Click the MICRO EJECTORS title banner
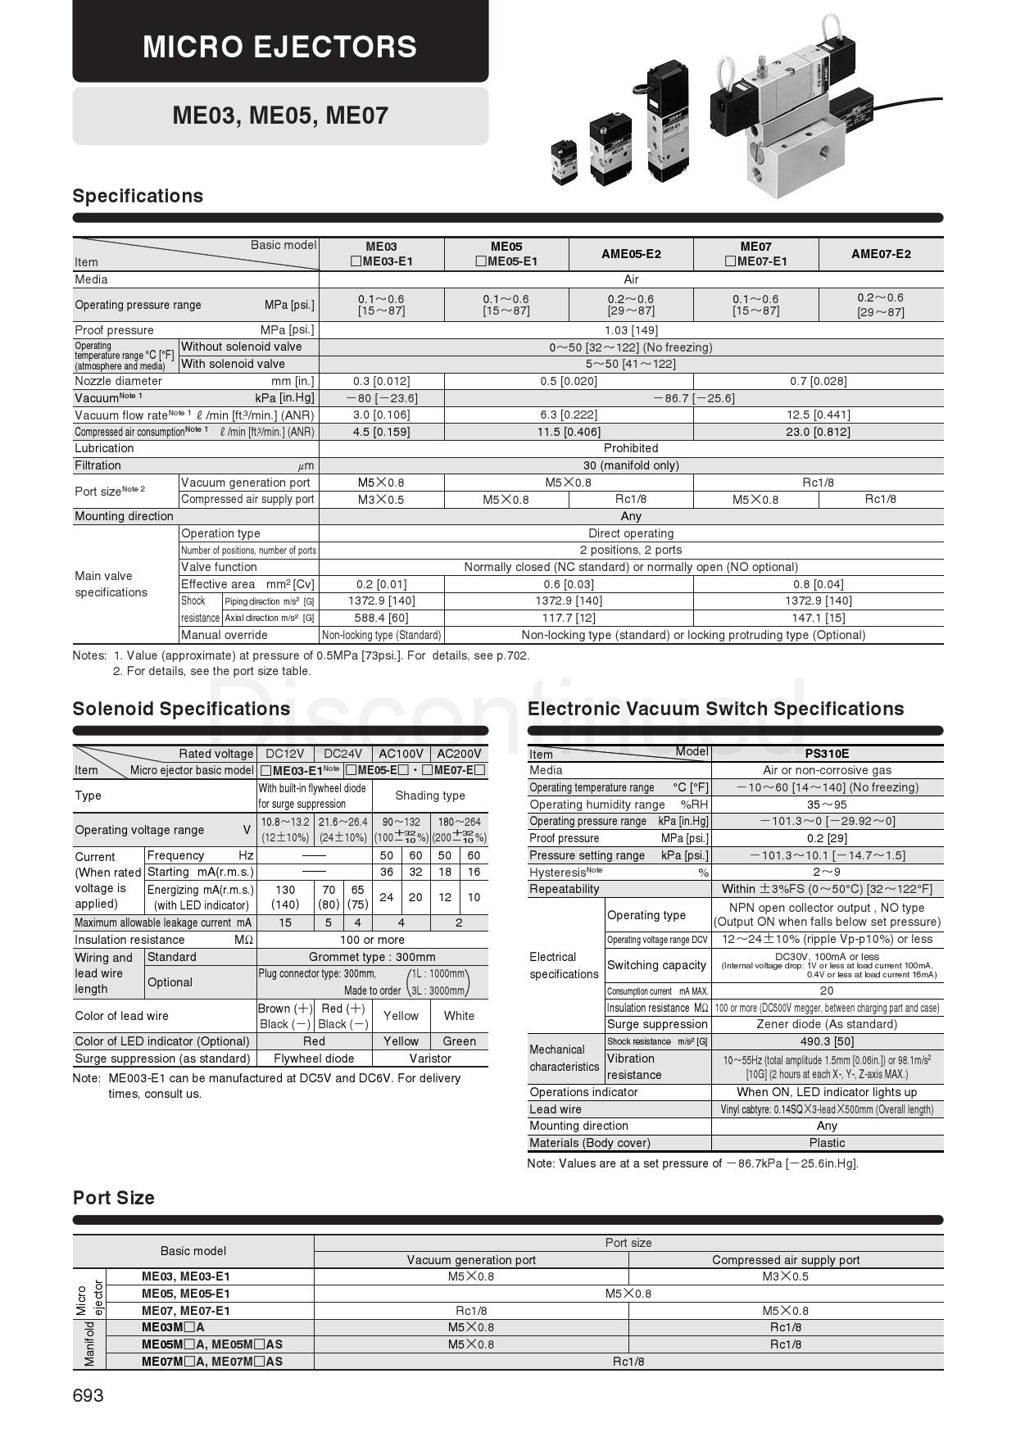pyautogui.click(x=280, y=46)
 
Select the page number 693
pyautogui.click(x=88, y=1395)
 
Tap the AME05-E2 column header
pyautogui.click(x=630, y=254)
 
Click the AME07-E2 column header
pyautogui.click(x=881, y=254)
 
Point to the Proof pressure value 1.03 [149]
pyautogui.click(x=631, y=330)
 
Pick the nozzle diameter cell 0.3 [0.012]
pyautogui.click(x=381, y=381)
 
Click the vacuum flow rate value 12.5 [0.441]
pyautogui.click(x=818, y=415)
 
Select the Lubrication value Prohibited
pyautogui.click(x=631, y=448)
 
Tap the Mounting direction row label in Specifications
pyautogui.click(x=125, y=516)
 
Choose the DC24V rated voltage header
pyautogui.click(x=342, y=754)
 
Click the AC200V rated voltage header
pyautogui.click(x=459, y=754)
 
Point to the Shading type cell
pyautogui.click(x=429, y=796)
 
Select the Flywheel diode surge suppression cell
pyautogui.click(x=314, y=1058)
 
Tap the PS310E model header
pyautogui.click(x=827, y=754)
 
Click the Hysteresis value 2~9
pyautogui.click(x=827, y=872)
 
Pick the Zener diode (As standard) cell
pyautogui.click(x=827, y=1024)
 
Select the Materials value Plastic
pyautogui.click(x=827, y=1143)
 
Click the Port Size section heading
pyautogui.click(x=114, y=1198)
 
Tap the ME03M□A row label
pyautogui.click(x=173, y=1327)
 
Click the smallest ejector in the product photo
pyautogui.click(x=564, y=161)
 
